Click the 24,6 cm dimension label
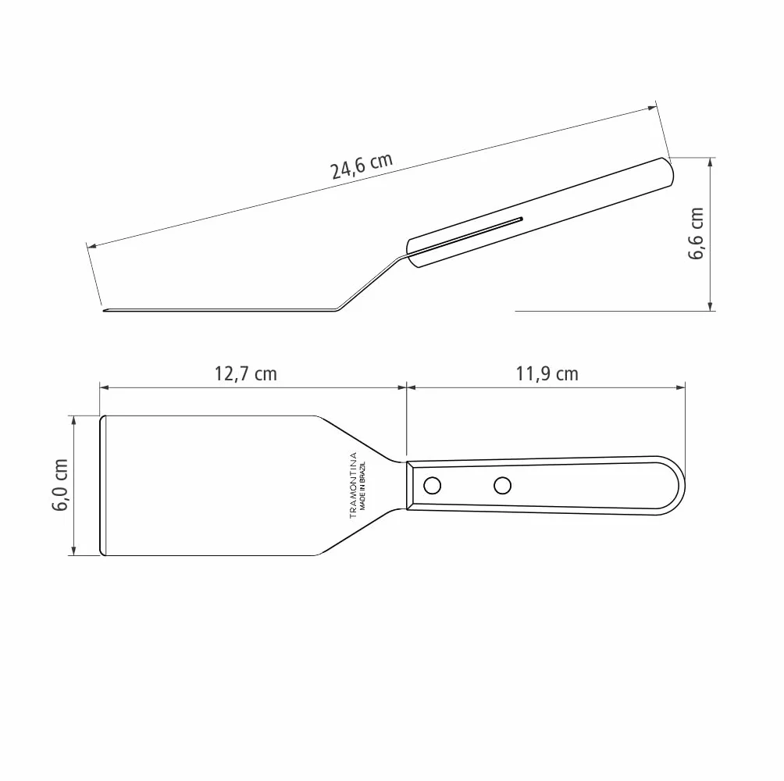coord(362,166)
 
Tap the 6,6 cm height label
coord(696,234)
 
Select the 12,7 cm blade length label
coord(245,374)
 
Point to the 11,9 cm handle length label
coord(547,374)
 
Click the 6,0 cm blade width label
coord(60,484)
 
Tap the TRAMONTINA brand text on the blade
coord(353,485)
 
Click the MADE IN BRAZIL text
coord(363,485)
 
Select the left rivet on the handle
coord(432,486)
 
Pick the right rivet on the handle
coord(503,486)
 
